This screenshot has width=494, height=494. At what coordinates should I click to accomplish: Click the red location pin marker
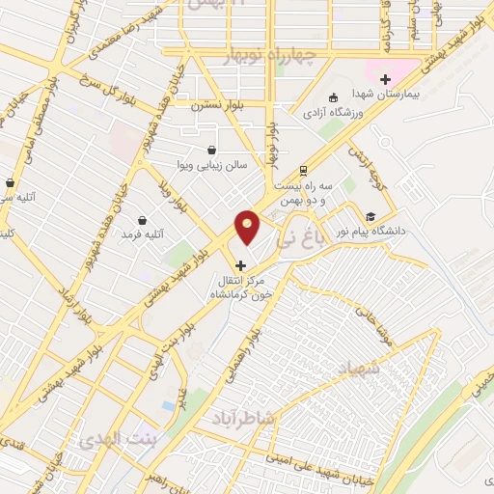[x=248, y=228]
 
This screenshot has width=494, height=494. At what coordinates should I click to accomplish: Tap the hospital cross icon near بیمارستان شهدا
[x=385, y=79]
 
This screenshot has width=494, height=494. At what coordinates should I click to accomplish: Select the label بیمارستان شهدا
[x=387, y=94]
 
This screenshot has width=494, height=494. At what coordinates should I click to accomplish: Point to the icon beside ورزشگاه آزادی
[x=334, y=97]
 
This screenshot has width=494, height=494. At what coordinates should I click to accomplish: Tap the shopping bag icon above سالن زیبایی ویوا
[x=211, y=150]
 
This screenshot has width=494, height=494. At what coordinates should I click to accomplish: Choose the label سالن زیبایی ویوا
[x=211, y=165]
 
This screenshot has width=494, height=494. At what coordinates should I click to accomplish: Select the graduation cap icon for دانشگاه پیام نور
[x=370, y=216]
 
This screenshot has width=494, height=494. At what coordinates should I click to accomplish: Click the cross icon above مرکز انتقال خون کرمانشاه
[x=240, y=265]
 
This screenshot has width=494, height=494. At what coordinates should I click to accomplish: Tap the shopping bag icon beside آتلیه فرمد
[x=143, y=221]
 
